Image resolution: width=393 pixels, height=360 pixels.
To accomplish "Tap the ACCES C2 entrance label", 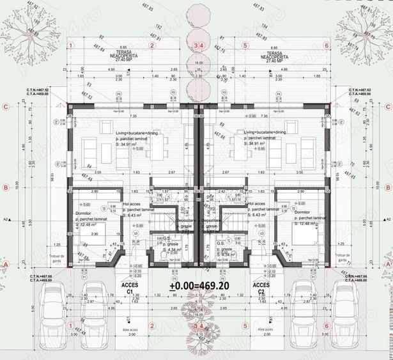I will (x=260, y=287).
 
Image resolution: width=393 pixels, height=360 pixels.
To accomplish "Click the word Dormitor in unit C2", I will (x=304, y=212).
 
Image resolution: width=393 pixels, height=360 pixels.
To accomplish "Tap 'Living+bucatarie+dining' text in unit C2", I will (x=266, y=133).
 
